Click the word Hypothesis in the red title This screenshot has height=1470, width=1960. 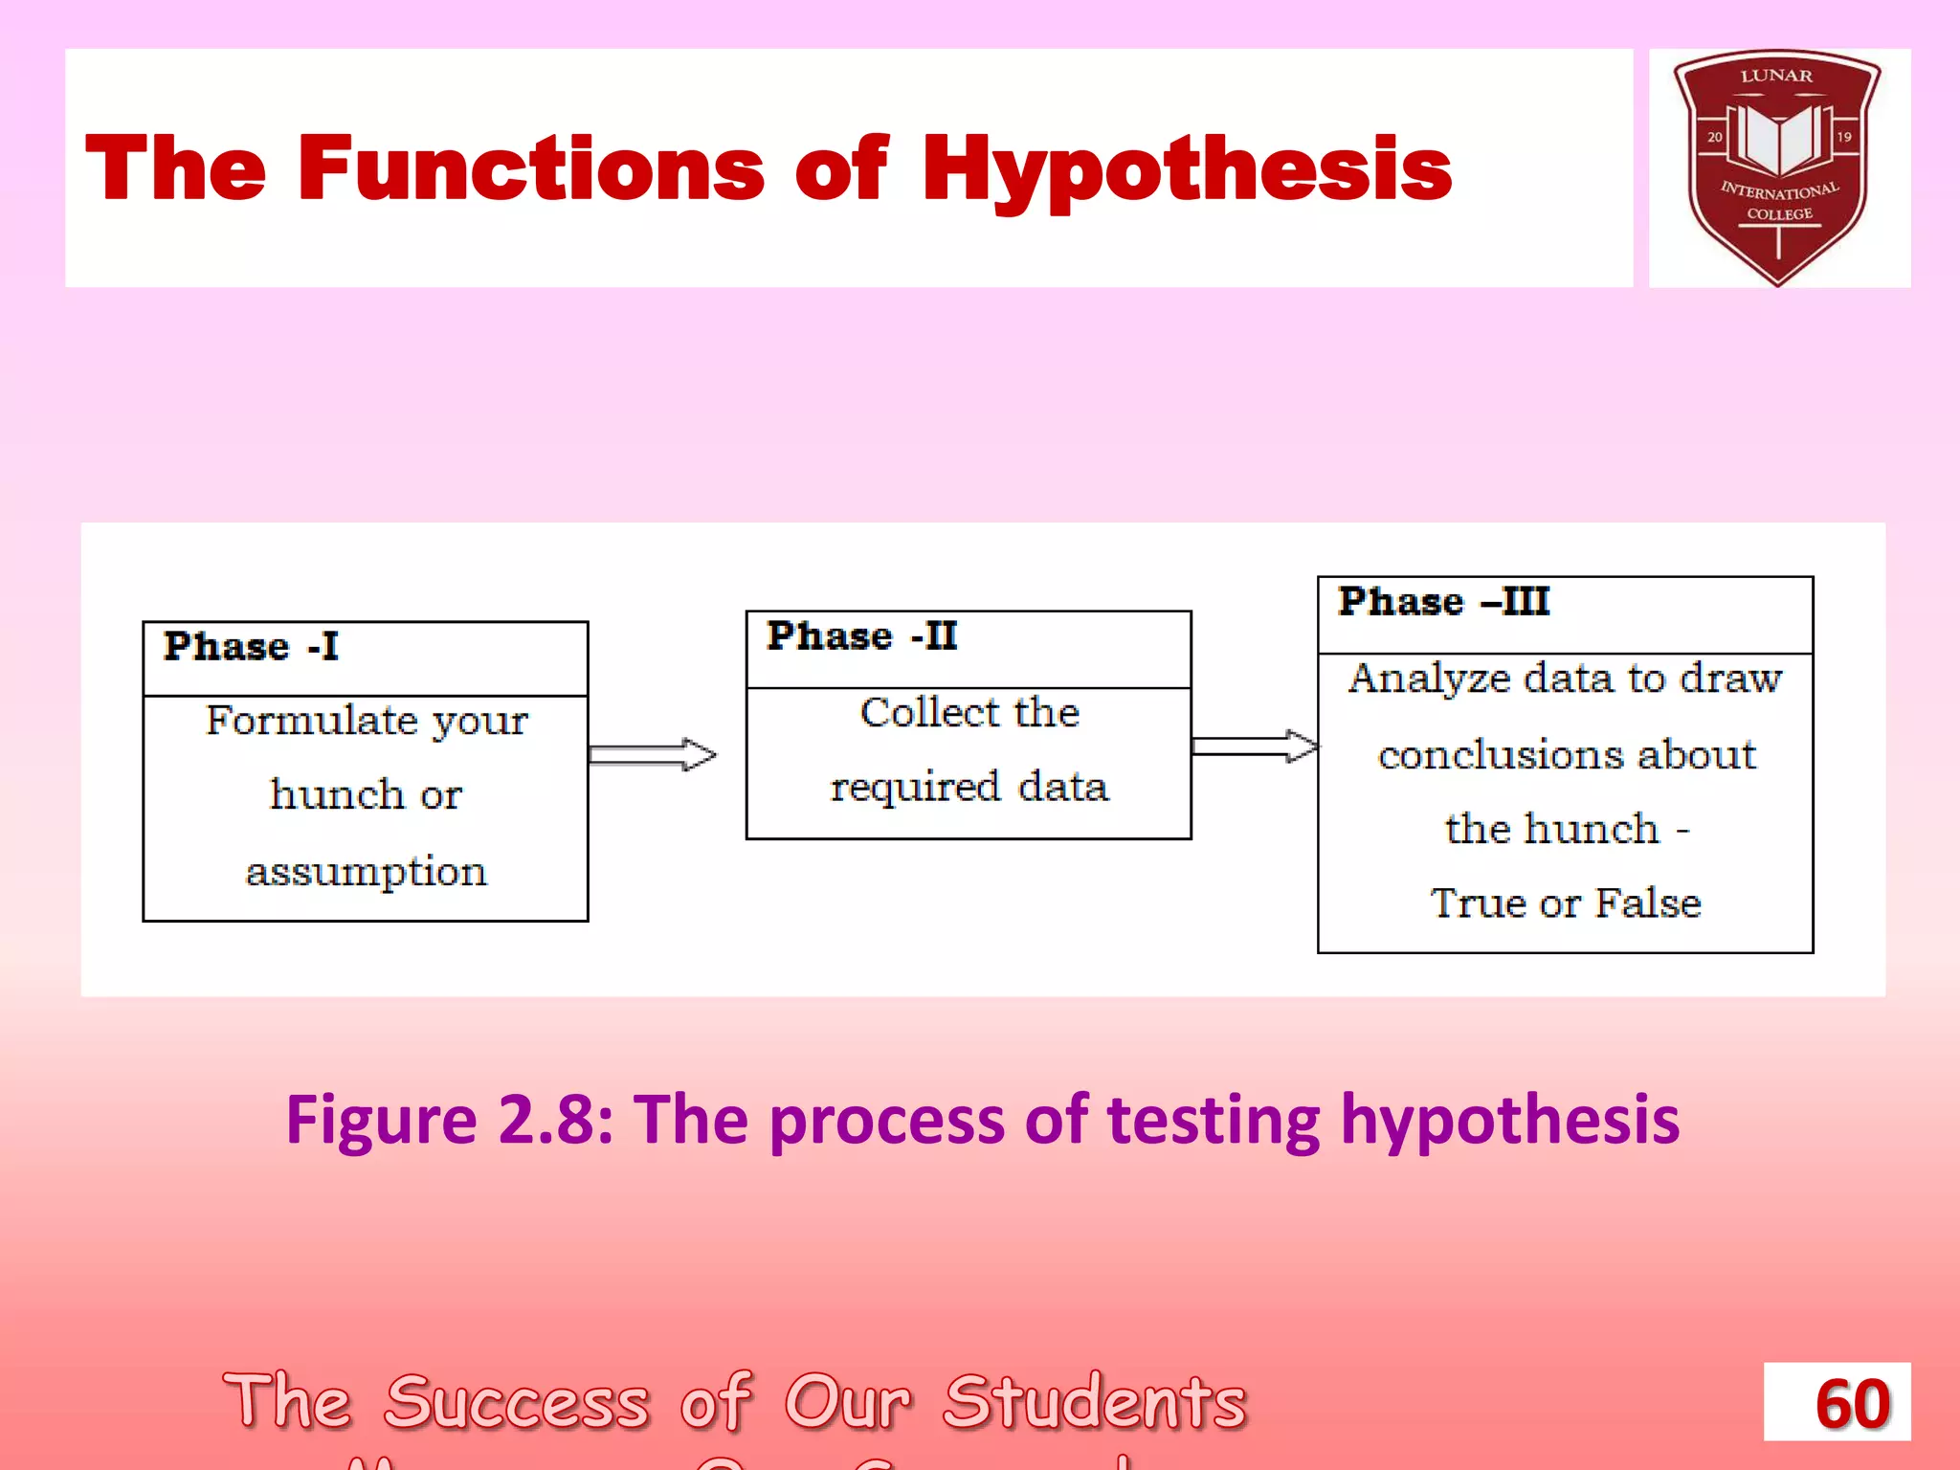pos(1187,168)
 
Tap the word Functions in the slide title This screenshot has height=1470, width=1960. pos(530,168)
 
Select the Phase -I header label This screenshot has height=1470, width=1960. pos(251,647)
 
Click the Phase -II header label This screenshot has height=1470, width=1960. pos(861,636)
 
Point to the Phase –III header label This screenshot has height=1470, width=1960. pos(1443,602)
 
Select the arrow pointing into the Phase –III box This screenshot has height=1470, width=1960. pos(1255,746)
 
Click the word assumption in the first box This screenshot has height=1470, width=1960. pos(366,872)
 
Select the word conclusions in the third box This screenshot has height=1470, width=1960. pos(1500,755)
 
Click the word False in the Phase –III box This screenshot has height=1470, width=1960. pos(1648,903)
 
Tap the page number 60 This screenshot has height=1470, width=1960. pos(1853,1404)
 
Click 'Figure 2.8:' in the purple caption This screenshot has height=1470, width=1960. pos(450,1120)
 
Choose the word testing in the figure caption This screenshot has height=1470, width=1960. pos(1214,1120)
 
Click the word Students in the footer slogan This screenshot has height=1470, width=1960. pos(1095,1402)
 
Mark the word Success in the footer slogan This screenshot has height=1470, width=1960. pos(517,1402)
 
